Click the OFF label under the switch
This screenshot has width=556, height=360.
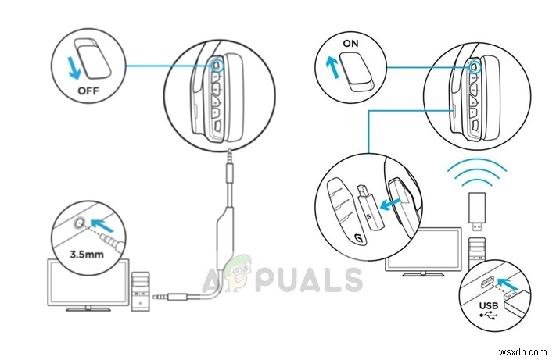88,91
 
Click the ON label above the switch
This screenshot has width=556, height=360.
350,44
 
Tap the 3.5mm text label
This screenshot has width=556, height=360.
87,254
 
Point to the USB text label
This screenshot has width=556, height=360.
488,305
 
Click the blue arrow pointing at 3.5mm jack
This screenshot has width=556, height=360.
102,225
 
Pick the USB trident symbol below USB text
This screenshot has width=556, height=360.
488,315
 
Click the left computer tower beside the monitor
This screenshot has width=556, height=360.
141,292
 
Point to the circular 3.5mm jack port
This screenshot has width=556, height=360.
79,223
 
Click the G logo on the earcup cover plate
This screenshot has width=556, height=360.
359,239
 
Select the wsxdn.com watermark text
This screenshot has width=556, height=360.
522,352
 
